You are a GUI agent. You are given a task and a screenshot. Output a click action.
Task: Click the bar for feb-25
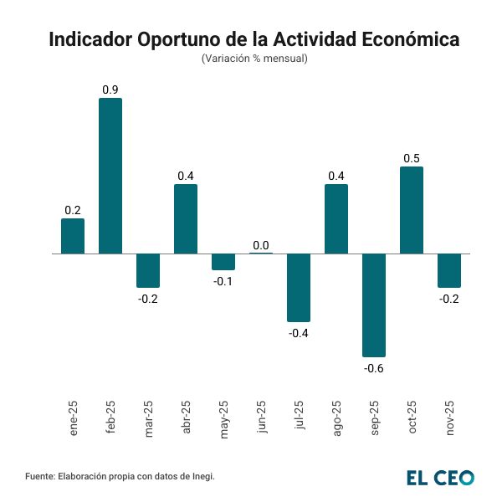(110, 176)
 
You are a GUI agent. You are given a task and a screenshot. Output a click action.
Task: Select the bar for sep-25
(374, 305)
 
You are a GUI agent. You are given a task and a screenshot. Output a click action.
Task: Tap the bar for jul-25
(299, 287)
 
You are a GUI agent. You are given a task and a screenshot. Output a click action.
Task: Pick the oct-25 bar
(412, 210)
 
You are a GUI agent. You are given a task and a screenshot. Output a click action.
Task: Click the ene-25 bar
(73, 236)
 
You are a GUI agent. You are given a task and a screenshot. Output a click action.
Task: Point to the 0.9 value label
(110, 90)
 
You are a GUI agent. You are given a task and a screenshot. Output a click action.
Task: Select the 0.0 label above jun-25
(261, 245)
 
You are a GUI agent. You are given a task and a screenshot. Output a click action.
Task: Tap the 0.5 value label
(412, 158)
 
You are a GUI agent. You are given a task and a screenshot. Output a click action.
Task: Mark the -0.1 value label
(223, 280)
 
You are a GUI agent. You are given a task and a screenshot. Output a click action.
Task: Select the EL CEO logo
(440, 478)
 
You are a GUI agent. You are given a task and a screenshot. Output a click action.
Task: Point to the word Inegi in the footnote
(202, 476)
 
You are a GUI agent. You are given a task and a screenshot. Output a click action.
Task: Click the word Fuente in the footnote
(39, 476)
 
